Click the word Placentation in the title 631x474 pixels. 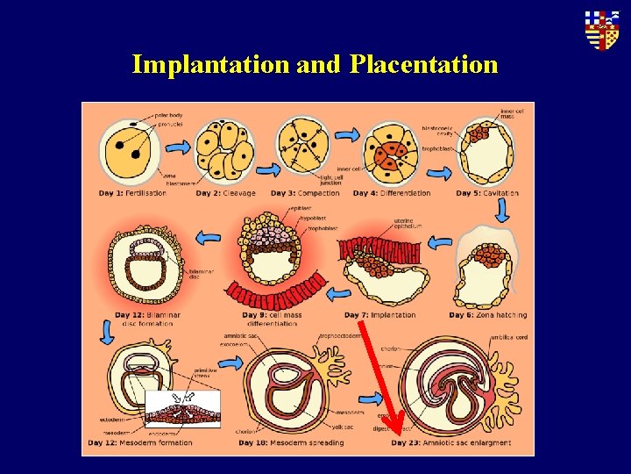[x=423, y=64]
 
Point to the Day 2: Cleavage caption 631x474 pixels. [x=225, y=193]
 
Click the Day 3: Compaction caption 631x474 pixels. [x=305, y=193]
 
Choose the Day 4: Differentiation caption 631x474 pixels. [x=393, y=193]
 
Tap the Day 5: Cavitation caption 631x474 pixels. [x=487, y=193]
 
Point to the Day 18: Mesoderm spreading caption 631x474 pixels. [x=293, y=442]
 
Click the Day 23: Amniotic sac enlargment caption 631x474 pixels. [x=450, y=442]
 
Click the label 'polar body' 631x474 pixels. [x=169, y=115]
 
